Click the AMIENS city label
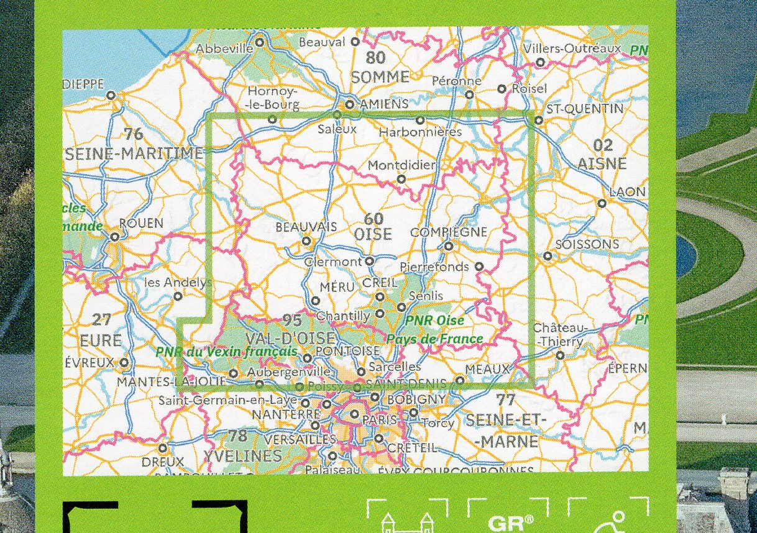(x=382, y=104)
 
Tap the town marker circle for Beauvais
(x=306, y=241)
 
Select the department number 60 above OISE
(x=374, y=219)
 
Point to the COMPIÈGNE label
(x=449, y=232)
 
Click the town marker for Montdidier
(x=401, y=179)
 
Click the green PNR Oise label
(x=434, y=321)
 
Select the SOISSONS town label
(x=587, y=244)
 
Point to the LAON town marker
(x=601, y=203)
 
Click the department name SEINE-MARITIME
(x=134, y=153)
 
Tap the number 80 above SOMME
(x=375, y=58)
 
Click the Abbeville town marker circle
(x=260, y=42)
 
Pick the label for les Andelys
(x=174, y=282)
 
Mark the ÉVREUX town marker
(x=124, y=362)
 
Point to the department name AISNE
(x=603, y=164)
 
